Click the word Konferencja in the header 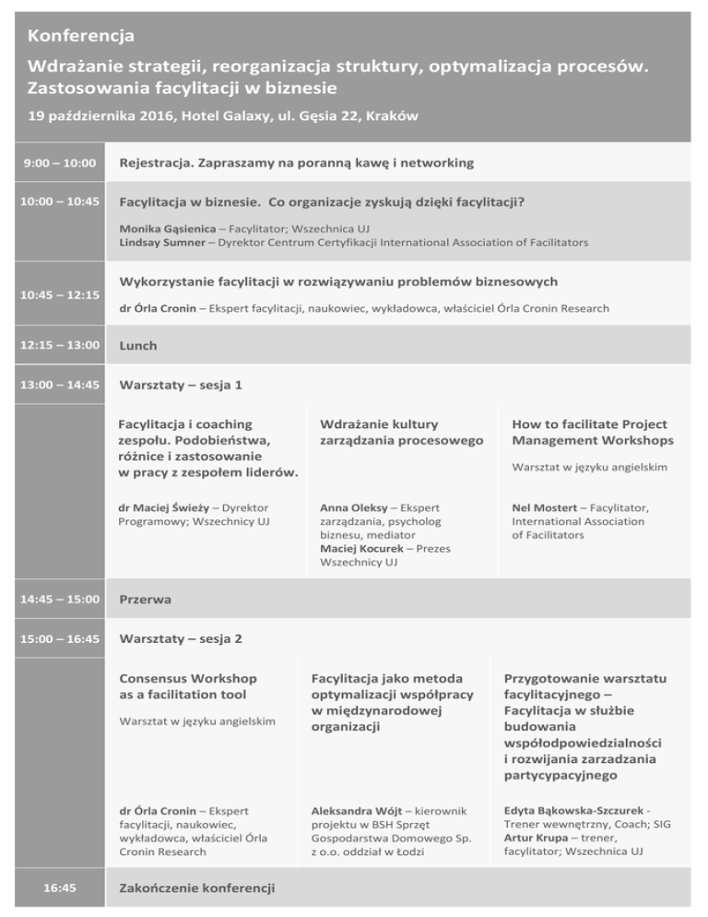pos(82,38)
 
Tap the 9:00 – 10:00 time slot pos(60,163)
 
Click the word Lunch pos(138,346)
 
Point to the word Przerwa pos(147,600)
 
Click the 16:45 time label pos(60,887)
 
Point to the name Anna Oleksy pos(354,507)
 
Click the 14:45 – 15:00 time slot pos(60,600)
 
